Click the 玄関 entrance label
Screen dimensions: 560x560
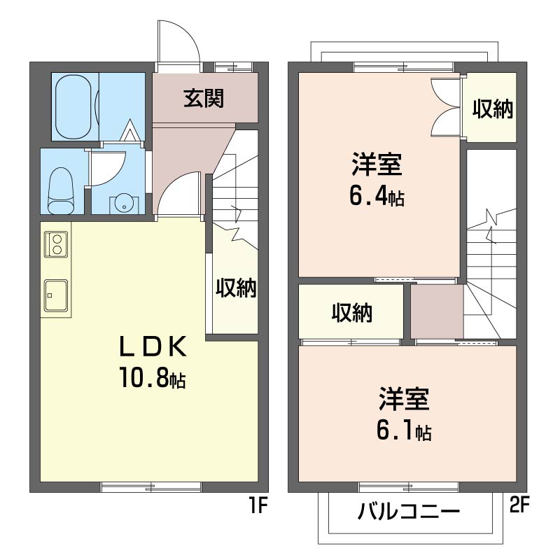pos(204,98)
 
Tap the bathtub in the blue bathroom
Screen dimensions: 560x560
pos(75,107)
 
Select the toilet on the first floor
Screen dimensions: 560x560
pos(61,190)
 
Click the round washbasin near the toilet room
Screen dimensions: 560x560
pos(124,204)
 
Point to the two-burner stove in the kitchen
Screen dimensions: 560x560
pos(56,244)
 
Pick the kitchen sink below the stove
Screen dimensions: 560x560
pos(56,295)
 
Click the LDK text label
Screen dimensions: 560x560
pos(153,346)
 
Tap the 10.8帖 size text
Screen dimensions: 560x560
pos(153,377)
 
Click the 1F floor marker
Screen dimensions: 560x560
pos(258,505)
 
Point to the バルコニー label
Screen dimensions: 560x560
pos(409,512)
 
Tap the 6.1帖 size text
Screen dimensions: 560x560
pos(404,430)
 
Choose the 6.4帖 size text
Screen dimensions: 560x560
pos(377,196)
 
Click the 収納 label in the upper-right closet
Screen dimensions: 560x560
pos(493,108)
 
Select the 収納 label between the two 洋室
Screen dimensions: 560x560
pos(352,313)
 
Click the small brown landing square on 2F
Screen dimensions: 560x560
pos(437,311)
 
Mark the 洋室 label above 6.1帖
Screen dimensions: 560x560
pos(405,398)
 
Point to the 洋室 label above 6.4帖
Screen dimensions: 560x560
pos(377,164)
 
